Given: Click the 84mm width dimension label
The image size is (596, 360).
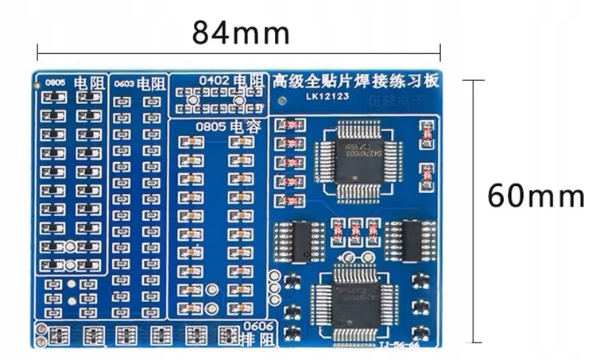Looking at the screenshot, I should [240, 33].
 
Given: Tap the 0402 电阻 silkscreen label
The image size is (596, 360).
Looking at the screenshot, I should [230, 80].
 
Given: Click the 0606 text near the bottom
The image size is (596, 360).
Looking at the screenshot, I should [257, 326].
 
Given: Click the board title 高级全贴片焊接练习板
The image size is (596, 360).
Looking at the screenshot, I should [354, 80].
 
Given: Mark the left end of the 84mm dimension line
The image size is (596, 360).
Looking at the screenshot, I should [38, 53].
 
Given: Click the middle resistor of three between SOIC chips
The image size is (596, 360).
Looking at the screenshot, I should [354, 230].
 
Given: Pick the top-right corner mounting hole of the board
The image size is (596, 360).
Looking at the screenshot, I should [436, 76].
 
